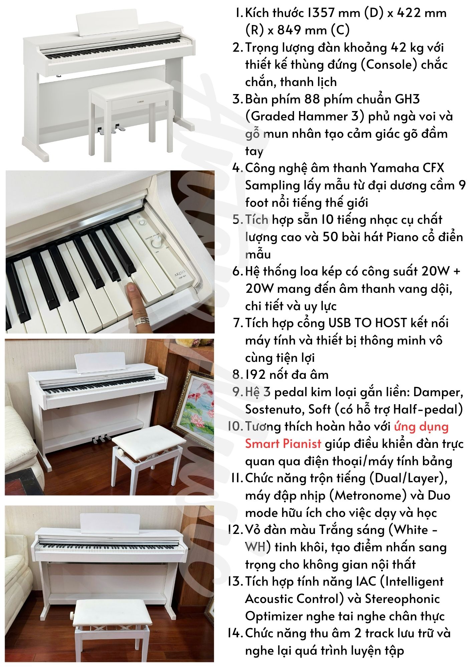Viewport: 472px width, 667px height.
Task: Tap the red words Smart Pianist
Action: click(283, 444)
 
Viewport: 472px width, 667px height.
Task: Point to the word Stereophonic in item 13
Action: click(402, 599)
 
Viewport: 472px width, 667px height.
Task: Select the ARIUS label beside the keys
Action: click(180, 271)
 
